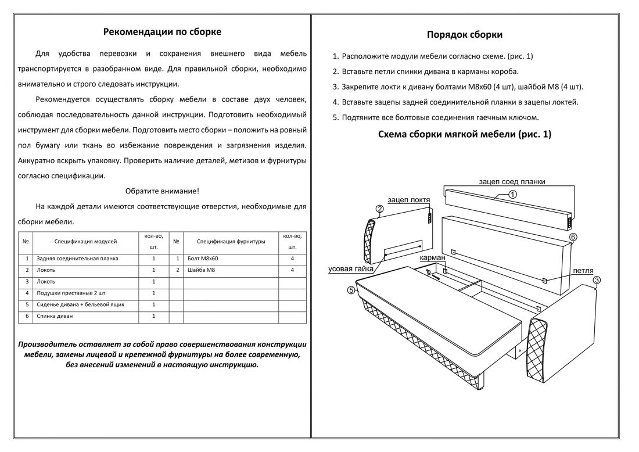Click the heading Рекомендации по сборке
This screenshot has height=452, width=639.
[x=162, y=31]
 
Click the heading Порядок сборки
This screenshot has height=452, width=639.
[x=465, y=34]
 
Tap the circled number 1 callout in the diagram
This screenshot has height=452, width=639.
[x=512, y=195]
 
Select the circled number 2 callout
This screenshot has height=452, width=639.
[x=379, y=209]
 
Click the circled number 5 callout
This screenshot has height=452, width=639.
[x=351, y=290]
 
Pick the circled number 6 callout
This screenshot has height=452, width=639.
[x=573, y=237]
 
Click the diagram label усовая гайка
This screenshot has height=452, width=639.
[x=350, y=269]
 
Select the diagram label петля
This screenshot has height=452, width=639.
[x=583, y=271]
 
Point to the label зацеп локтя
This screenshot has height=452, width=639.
[x=409, y=200]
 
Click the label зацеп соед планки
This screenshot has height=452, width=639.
[x=512, y=181]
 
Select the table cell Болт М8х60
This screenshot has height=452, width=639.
[x=203, y=259]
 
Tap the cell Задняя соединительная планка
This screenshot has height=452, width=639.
[x=77, y=259]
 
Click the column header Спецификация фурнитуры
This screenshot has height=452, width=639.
[x=231, y=241]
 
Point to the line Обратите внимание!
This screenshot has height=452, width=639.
[x=162, y=191]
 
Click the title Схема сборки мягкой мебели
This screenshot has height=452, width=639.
[x=465, y=134]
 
